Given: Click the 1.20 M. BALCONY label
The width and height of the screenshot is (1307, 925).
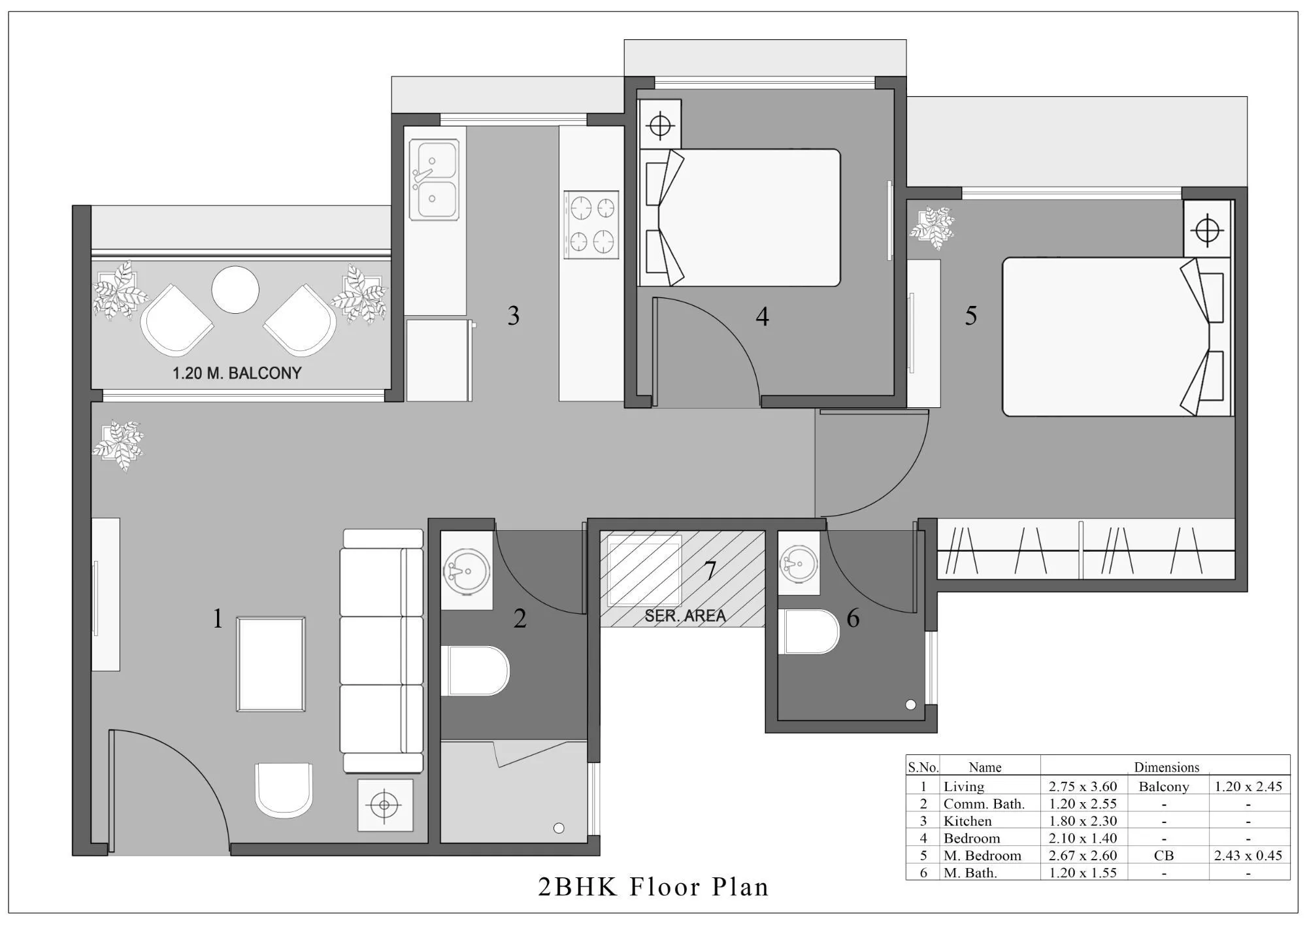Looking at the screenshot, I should click(237, 373).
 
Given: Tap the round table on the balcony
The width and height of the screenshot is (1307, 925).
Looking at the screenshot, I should click(235, 290).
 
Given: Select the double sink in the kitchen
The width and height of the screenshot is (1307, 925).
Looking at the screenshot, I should click(434, 180).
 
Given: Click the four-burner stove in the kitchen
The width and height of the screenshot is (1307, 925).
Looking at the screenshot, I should click(591, 225).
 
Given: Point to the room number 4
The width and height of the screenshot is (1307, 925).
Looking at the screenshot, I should click(762, 317).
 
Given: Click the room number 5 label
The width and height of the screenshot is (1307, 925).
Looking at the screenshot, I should click(971, 316).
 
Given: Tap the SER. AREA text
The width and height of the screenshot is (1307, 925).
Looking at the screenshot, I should click(685, 616).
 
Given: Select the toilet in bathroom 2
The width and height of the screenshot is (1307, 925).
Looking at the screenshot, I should click(476, 671).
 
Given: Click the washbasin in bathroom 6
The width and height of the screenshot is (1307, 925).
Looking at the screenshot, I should click(799, 563).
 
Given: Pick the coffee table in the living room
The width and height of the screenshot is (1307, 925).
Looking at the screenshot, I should click(271, 664).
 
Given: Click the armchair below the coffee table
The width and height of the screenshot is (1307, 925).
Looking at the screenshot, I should click(284, 790).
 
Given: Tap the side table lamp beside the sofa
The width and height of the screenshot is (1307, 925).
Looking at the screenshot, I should click(385, 805).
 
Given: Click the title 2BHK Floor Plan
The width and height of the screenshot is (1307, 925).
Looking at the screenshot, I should click(653, 886).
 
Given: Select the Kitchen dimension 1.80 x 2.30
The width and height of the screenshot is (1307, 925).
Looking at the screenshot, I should click(1083, 821).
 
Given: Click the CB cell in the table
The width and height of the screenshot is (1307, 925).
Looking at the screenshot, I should click(1163, 855).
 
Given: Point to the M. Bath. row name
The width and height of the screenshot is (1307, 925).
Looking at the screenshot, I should click(970, 873).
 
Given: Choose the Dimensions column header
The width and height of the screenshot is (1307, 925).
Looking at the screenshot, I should click(1166, 767).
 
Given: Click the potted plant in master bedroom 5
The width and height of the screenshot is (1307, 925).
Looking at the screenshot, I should click(933, 227).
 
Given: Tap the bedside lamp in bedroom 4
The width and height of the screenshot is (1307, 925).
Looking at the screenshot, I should click(660, 124).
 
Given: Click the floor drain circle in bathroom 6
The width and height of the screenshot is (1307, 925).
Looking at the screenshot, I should click(910, 705).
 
